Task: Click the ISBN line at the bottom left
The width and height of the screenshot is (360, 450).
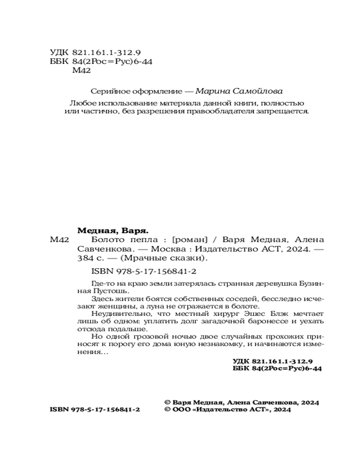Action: (94, 410)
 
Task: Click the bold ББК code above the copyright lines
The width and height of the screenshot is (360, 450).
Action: (277, 369)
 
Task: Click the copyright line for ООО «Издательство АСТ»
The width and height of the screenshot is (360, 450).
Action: (229, 410)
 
